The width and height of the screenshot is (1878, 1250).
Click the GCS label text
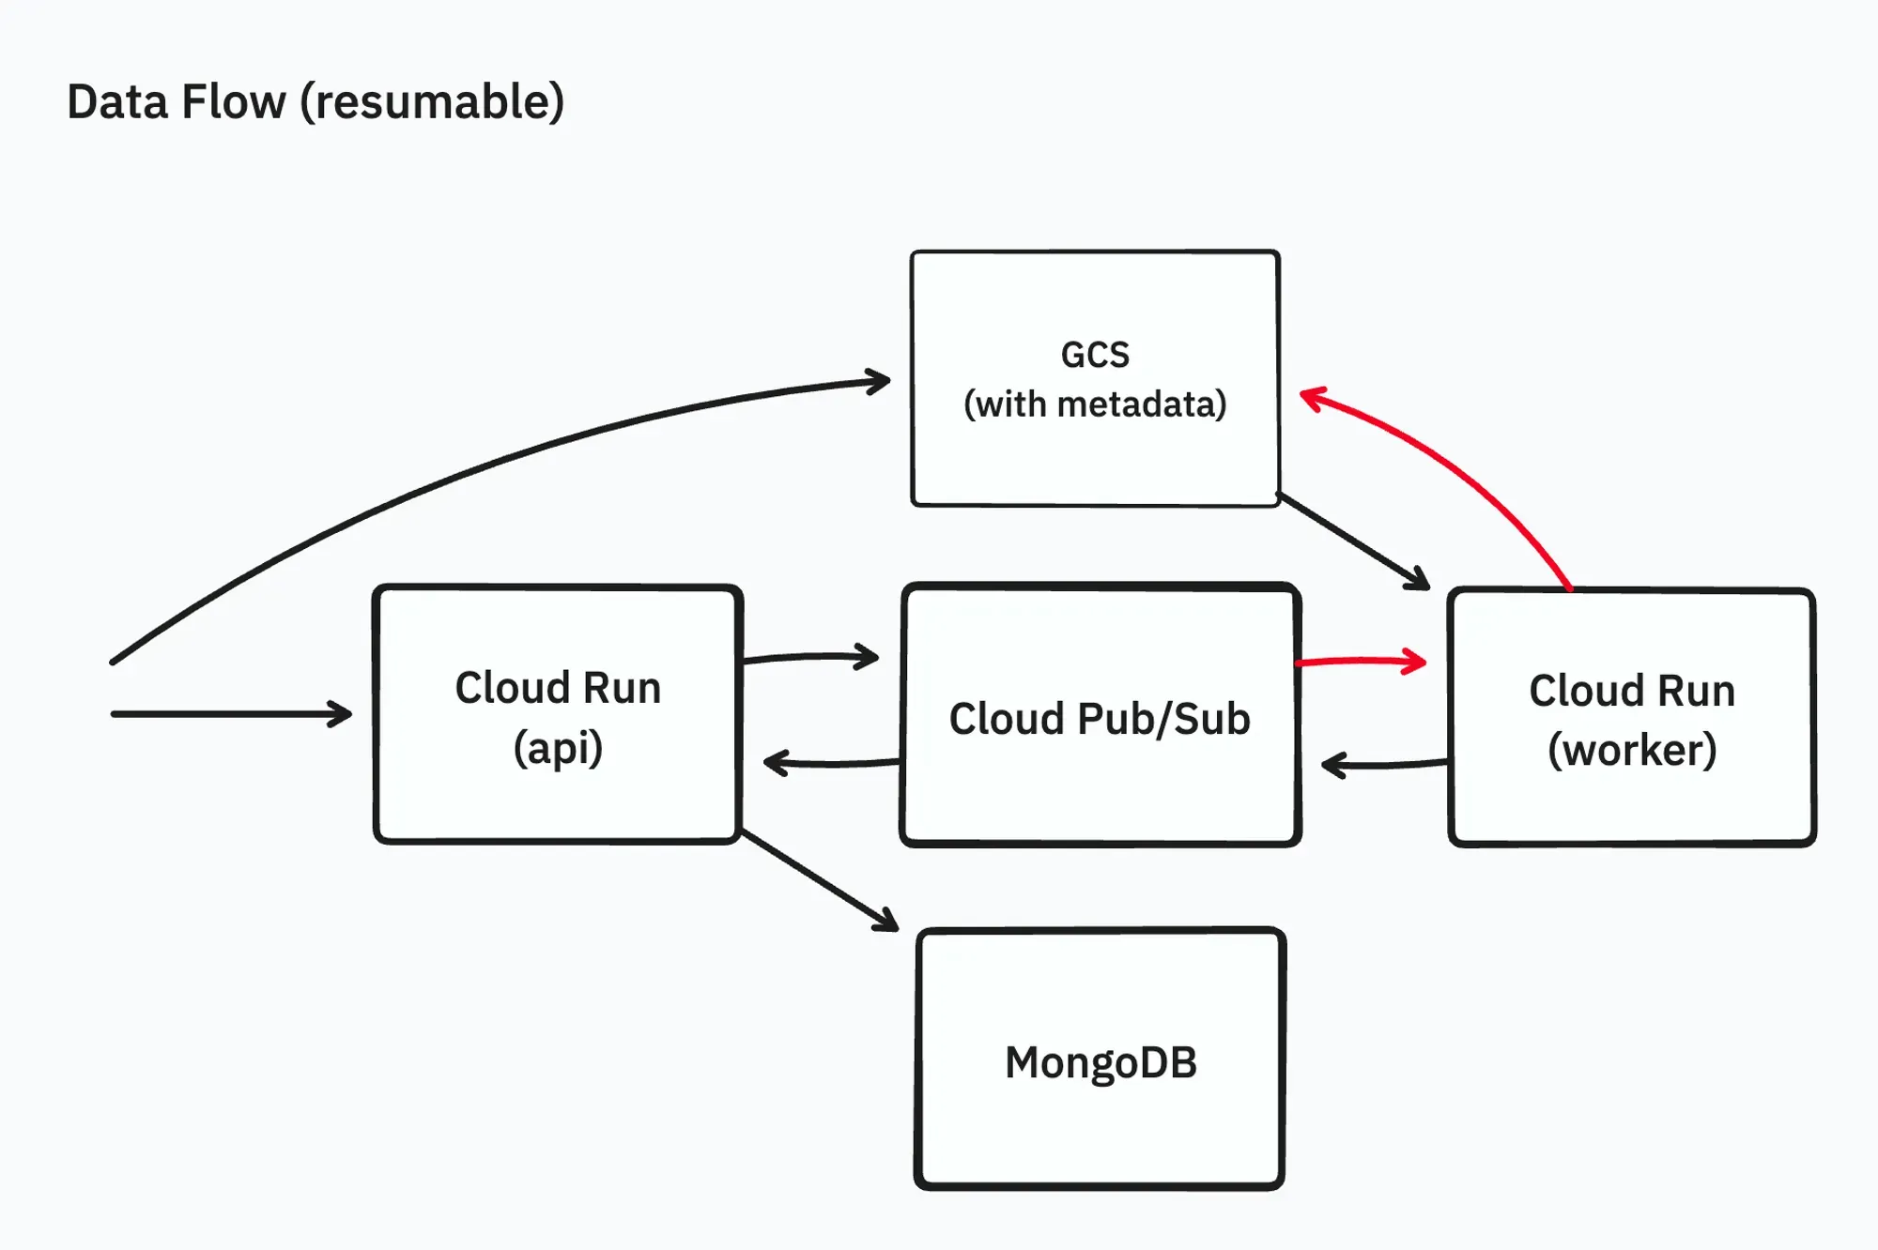pyautogui.click(x=1095, y=355)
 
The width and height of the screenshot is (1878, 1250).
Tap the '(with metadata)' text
pyautogui.click(x=1095, y=404)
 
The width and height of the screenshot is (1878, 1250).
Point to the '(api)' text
pyautogui.click(x=558, y=748)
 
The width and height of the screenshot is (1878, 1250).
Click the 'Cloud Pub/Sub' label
pyautogui.click(x=1100, y=719)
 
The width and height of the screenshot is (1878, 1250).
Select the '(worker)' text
pyautogui.click(x=1632, y=750)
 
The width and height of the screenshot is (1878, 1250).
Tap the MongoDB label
pyautogui.click(x=1101, y=1062)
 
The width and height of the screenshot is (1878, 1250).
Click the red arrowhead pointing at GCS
pyautogui.click(x=1311, y=397)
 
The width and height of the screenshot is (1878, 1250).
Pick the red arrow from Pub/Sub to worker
pyautogui.click(x=1362, y=661)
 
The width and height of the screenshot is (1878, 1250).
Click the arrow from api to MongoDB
pyautogui.click(x=819, y=880)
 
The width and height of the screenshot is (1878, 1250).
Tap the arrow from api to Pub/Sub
pyautogui.click(x=809, y=657)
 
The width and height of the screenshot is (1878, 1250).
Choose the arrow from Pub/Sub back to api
pyautogui.click(x=831, y=763)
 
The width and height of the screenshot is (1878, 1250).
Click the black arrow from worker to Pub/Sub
pyautogui.click(x=1385, y=765)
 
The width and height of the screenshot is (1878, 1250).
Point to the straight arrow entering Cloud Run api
pyautogui.click(x=230, y=714)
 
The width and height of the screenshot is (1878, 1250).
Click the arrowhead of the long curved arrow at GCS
pyautogui.click(x=879, y=381)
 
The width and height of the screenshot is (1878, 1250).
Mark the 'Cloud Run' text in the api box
pyautogui.click(x=558, y=688)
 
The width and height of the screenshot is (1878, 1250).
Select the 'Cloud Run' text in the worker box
pyautogui.click(x=1632, y=691)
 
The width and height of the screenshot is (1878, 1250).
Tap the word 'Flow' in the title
pyautogui.click(x=234, y=101)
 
